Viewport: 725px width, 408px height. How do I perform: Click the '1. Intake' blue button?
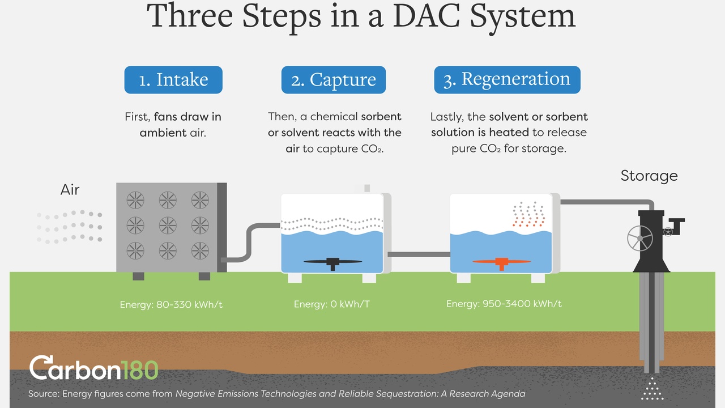[x=173, y=80]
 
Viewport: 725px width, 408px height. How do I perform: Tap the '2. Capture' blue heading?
[x=333, y=80]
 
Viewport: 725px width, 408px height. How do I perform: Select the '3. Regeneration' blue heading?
[x=507, y=80]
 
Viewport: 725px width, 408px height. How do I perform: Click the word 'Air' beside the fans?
[x=70, y=189]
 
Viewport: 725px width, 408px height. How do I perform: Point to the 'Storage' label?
[x=649, y=176]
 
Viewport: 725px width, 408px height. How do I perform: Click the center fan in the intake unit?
[x=168, y=224]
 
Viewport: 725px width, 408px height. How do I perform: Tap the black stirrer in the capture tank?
[x=332, y=262]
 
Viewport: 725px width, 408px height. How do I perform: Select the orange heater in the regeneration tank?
[x=501, y=262]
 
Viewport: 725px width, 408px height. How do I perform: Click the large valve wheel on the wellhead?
[x=640, y=239]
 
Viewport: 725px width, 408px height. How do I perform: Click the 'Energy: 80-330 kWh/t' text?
[x=171, y=305]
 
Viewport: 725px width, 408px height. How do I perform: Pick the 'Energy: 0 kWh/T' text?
[x=331, y=305]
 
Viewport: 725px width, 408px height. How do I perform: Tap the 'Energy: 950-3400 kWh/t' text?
[x=504, y=304]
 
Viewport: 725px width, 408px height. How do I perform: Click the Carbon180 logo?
[x=93, y=368]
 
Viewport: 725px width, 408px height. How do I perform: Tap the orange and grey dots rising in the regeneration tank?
[x=528, y=215]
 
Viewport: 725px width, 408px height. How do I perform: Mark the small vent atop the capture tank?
[x=366, y=188]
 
